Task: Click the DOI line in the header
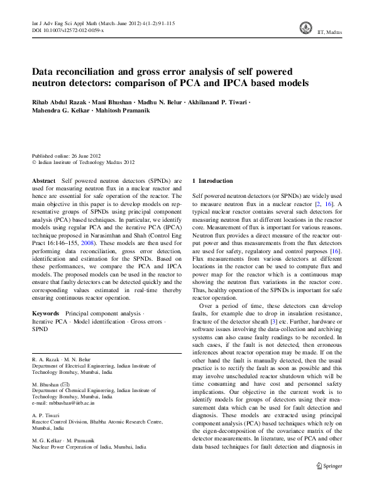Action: [68, 30]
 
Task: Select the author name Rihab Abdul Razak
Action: [62, 102]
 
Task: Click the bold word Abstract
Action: [43, 180]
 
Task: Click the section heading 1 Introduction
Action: [216, 180]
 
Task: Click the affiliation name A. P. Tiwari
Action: [49, 416]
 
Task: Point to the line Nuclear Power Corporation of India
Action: [89, 447]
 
